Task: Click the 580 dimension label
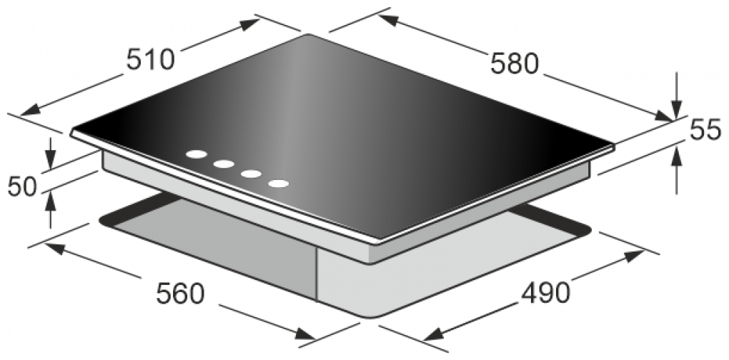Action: tap(515, 64)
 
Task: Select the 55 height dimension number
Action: tap(705, 131)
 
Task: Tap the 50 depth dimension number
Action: tap(22, 186)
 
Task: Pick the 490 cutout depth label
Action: tap(545, 293)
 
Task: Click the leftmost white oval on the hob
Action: tap(197, 154)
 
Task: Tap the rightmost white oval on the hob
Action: tap(278, 184)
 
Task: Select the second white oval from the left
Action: tap(224, 164)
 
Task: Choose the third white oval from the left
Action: tap(251, 174)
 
